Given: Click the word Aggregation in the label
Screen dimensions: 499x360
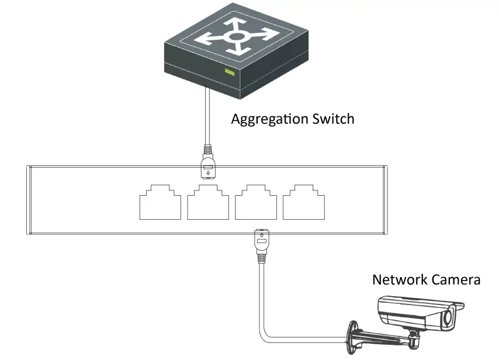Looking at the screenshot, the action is [x=270, y=120].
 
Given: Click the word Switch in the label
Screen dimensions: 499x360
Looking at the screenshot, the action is [x=333, y=119].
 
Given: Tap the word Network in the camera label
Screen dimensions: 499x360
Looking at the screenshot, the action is [x=400, y=279].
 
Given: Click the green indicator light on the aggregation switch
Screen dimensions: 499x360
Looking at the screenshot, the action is [x=230, y=72].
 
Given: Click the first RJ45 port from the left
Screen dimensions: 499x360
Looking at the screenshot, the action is [x=160, y=202].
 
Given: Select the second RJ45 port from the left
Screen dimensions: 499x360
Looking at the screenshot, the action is [x=208, y=202].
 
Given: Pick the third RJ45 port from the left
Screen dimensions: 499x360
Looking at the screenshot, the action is [x=256, y=202].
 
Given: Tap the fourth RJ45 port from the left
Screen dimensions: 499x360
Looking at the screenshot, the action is [x=304, y=202].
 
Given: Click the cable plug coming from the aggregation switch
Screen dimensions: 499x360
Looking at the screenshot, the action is [x=208, y=162].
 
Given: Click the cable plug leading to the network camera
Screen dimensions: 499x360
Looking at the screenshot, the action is [x=262, y=245].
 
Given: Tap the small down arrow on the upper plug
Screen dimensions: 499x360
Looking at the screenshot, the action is [x=208, y=173].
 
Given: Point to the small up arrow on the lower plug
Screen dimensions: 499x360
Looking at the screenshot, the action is [x=262, y=235].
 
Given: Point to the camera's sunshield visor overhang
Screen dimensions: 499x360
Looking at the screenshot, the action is [x=459, y=306].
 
